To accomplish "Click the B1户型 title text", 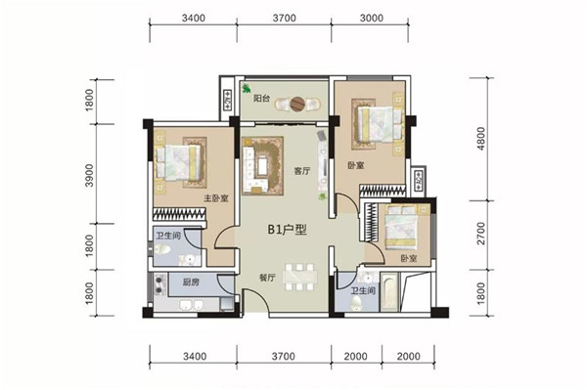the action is pyautogui.click(x=287, y=230).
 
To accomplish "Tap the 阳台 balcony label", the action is pyautogui.click(x=261, y=99).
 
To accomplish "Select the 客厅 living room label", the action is pyautogui.click(x=302, y=171).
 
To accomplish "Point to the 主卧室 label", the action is pyautogui.click(x=216, y=198).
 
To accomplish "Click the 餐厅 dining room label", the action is pyautogui.click(x=267, y=278).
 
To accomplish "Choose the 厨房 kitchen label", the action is pyautogui.click(x=191, y=282).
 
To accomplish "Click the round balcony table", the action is pyautogui.click(x=298, y=105).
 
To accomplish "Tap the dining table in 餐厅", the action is pyautogui.click(x=299, y=277).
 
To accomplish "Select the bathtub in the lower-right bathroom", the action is pyautogui.click(x=389, y=292).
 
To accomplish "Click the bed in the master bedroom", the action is pyautogui.click(x=178, y=163).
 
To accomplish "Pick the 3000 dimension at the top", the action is pyautogui.click(x=372, y=18).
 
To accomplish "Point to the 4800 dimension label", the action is pyautogui.click(x=481, y=139).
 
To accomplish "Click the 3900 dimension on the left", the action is pyautogui.click(x=89, y=175).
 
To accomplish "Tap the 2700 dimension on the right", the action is pyautogui.click(x=481, y=234).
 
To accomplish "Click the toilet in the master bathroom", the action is pyautogui.click(x=162, y=249).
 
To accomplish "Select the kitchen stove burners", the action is pyautogui.click(x=159, y=284).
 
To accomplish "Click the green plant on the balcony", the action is pyautogui.click(x=247, y=89).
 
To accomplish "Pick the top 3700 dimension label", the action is pyautogui.click(x=284, y=18).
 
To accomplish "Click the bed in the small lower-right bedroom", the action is pyautogui.click(x=401, y=227).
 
